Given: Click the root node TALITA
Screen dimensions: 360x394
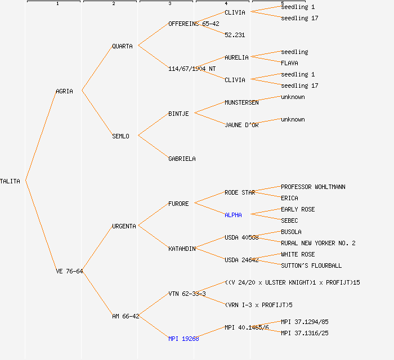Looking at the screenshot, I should click(x=10, y=181).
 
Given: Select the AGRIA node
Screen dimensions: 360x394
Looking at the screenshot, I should click(x=64, y=91).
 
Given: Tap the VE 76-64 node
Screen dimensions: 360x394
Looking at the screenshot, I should click(x=69, y=271).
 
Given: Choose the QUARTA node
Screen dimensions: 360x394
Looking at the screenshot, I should click(x=122, y=46).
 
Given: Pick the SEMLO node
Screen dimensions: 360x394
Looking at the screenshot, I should click(x=120, y=136).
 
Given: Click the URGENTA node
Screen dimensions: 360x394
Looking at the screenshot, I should click(x=124, y=226).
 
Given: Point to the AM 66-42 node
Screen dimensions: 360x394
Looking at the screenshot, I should click(x=126, y=316).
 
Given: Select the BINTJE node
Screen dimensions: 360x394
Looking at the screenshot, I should click(x=178, y=114).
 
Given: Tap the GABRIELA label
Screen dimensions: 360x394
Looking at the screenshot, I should click(x=182, y=159).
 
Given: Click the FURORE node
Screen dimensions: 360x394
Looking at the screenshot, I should click(x=178, y=204).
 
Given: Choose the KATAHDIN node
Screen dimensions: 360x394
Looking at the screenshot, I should click(x=182, y=249).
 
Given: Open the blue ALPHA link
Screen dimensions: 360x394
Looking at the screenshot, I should click(x=233, y=215).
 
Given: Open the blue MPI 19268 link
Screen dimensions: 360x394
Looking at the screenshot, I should click(x=183, y=339).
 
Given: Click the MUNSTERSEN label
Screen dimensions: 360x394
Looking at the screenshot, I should click(x=241, y=102).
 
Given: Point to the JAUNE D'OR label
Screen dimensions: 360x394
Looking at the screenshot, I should click(x=241, y=125).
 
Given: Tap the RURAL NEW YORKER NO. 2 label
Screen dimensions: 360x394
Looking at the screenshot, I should click(x=318, y=243).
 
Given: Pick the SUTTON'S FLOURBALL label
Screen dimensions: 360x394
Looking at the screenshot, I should click(x=311, y=265).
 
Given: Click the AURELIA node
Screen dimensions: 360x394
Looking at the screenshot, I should click(x=236, y=57).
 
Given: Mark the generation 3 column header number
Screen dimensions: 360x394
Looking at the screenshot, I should click(x=169, y=4).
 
